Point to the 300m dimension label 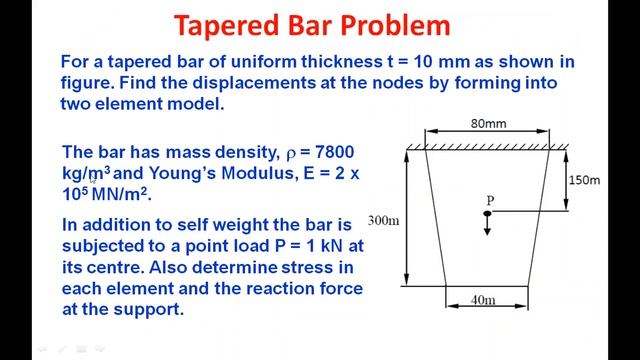pos(384,219)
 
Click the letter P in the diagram pos(491,200)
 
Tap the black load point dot pos(488,213)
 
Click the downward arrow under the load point pos(488,228)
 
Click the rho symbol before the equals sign pos(293,153)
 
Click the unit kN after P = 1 pos(328,246)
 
